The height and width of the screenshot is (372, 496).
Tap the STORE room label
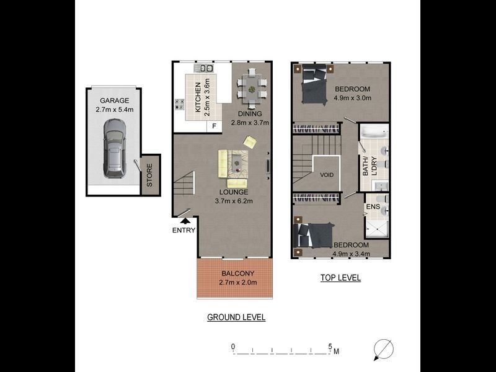pos(149,175)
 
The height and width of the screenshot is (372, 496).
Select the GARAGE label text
pos(115,100)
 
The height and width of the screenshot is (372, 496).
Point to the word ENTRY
pos(184,231)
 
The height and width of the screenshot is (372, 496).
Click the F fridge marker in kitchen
pos(215,126)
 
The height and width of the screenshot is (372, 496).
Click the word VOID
pos(327,175)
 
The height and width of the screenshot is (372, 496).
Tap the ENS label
pos(373,206)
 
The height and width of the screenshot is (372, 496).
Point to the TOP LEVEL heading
pos(340,278)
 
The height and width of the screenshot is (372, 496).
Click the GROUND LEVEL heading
pos(236,317)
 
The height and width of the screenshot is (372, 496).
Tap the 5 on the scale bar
pos(330,347)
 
